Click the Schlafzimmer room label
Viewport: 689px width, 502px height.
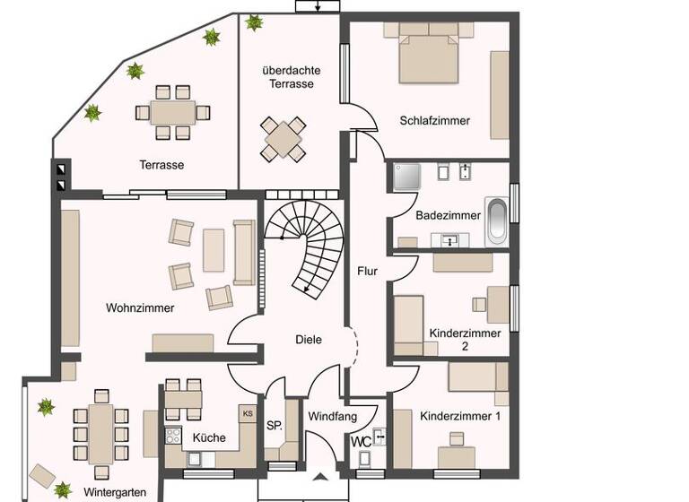coord(435,120)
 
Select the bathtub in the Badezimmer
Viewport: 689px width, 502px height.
coord(496,221)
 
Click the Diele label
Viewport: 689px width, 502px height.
coord(309,340)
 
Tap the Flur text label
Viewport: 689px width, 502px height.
coord(367,271)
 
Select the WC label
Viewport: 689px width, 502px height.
coord(362,442)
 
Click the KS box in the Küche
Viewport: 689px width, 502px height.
coord(247,414)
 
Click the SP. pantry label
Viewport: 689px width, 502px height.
coord(275,427)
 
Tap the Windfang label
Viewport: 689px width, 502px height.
coord(333,417)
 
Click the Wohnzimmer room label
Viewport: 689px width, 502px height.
coord(140,308)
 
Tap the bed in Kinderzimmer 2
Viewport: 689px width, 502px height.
coord(409,323)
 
